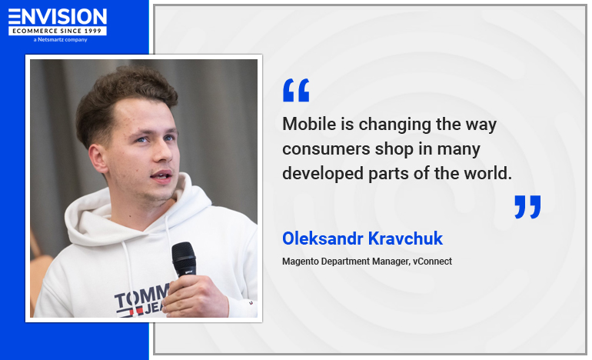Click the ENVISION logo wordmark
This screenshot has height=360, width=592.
tap(58, 16)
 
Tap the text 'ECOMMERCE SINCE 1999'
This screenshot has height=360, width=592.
tap(58, 31)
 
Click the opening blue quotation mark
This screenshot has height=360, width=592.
tap(296, 91)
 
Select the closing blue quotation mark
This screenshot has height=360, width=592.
tap(527, 207)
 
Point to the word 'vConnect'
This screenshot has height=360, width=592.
tap(432, 262)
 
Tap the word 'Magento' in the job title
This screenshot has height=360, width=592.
tap(301, 262)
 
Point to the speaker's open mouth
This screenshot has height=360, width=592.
tap(161, 176)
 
